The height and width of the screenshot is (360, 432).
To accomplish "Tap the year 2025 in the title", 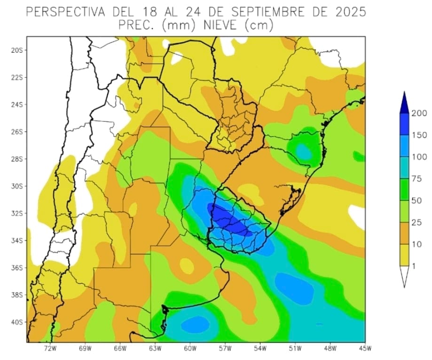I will coord(348,12).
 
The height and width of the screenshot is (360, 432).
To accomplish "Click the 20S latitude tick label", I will coord(17,50).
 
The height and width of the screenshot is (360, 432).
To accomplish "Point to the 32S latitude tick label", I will coord(17,214).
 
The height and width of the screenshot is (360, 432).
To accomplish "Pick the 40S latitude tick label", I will coord(17,322).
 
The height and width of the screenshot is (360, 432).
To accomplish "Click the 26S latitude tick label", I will coord(17,132).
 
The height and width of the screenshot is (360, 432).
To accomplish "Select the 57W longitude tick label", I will coord(225,349).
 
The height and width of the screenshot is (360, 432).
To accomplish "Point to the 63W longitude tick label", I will coord(155,349).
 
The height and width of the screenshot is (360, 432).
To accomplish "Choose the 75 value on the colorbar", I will coord(419,179).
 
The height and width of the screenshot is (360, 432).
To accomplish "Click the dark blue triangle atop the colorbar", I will coord(404,104).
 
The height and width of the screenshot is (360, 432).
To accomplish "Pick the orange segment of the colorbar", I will coord(404,233).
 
